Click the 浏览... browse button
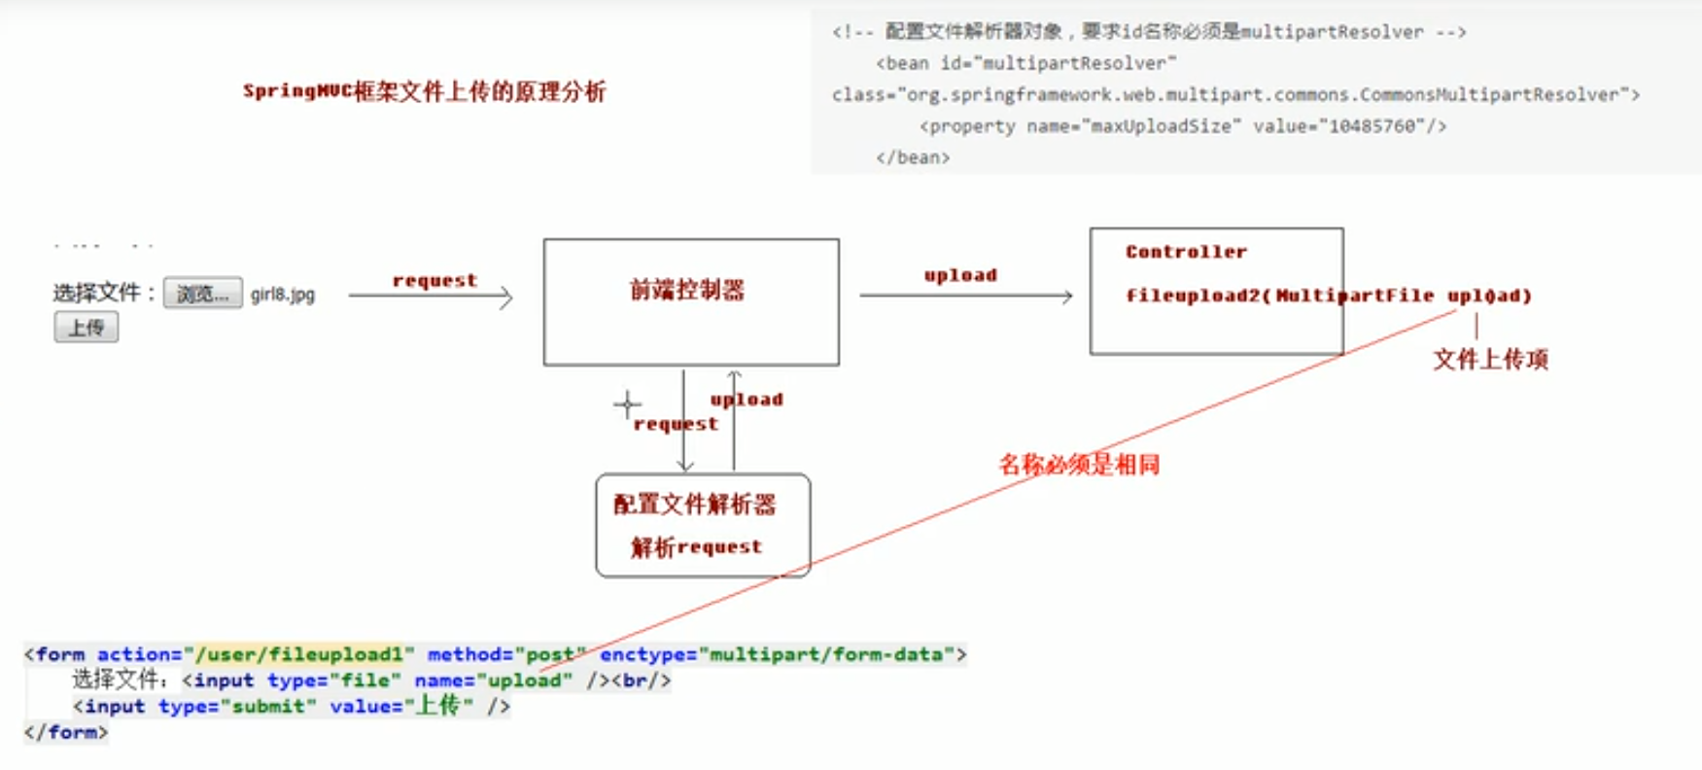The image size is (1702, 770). click(x=202, y=293)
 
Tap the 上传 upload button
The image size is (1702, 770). click(x=87, y=328)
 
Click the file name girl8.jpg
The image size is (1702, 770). click(x=283, y=295)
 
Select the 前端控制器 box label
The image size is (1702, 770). click(x=686, y=290)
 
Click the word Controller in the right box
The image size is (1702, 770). click(x=1186, y=252)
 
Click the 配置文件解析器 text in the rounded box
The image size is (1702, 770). click(x=694, y=505)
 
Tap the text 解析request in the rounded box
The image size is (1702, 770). click(x=696, y=547)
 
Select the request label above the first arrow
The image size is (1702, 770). click(x=434, y=280)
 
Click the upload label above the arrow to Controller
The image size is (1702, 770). click(x=960, y=275)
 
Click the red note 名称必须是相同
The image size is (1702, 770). click(x=1079, y=465)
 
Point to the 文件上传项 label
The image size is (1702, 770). click(x=1490, y=360)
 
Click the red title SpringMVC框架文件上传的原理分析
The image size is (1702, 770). click(x=424, y=91)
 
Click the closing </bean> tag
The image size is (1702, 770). click(x=913, y=157)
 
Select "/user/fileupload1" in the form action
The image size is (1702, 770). click(x=305, y=654)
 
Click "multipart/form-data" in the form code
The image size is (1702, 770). click(x=826, y=654)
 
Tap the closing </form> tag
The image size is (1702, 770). click(x=66, y=732)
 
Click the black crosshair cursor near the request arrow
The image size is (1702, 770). click(x=627, y=404)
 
